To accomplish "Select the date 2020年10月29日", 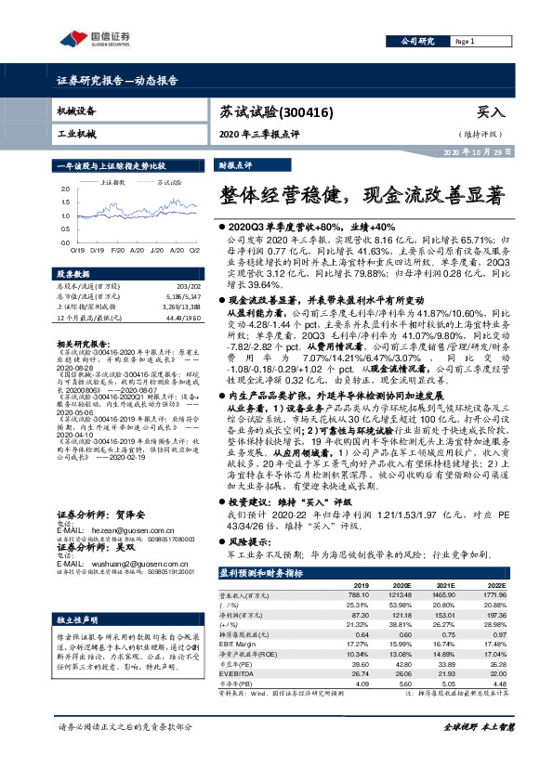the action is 475,150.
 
